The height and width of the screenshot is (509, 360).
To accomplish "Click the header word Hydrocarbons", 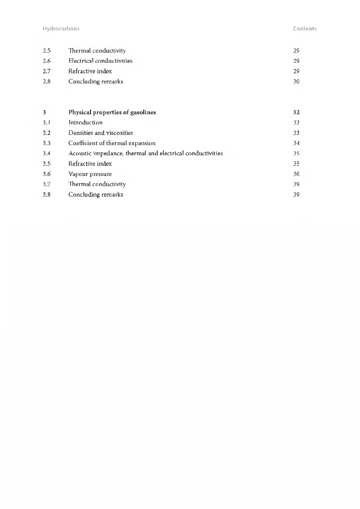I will tap(61, 29).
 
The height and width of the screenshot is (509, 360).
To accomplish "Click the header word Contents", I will tap(305, 29).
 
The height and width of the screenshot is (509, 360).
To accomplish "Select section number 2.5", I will tap(46, 51).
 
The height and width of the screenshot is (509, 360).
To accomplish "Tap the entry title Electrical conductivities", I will tap(100, 61).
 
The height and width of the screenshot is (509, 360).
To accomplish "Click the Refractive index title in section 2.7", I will tap(90, 71).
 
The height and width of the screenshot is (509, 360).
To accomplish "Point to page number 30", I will tap(296, 82).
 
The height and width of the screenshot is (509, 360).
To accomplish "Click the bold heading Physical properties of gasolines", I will tap(112, 112).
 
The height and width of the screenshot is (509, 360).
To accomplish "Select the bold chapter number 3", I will tap(44, 112).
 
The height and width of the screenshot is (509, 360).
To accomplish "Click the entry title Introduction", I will tap(85, 123).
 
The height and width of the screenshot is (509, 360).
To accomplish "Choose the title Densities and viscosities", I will tap(100, 133).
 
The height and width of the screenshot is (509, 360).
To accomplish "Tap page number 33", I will tap(296, 133).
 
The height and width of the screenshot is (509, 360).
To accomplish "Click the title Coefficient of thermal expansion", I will tap(112, 143).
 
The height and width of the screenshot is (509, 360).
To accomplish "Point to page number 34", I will tap(296, 143).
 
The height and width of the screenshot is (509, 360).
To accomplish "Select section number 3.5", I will tap(46, 164).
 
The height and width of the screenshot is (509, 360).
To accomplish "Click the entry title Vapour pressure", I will tap(90, 174).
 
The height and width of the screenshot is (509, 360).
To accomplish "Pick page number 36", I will tap(296, 174).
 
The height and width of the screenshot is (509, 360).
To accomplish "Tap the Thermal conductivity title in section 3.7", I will tap(97, 184).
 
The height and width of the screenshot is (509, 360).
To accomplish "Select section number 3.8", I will tap(46, 194).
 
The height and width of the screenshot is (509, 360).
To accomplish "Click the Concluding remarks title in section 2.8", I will tap(96, 82).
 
